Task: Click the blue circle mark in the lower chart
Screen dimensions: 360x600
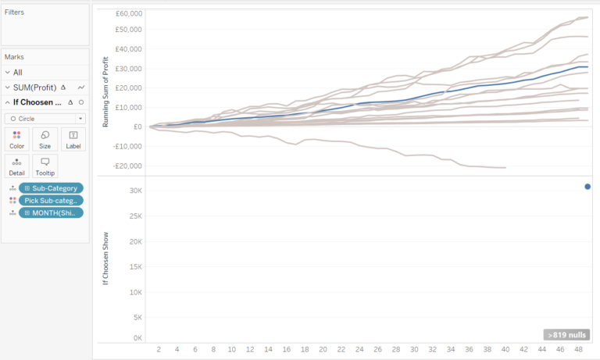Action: pyautogui.click(x=587, y=187)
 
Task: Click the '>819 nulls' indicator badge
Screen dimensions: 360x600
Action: pyautogui.click(x=566, y=334)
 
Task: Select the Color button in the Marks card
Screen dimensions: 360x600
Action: pyautogui.click(x=16, y=139)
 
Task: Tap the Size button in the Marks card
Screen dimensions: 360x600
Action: pyautogui.click(x=45, y=139)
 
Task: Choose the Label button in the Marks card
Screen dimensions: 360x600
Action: pyautogui.click(x=73, y=139)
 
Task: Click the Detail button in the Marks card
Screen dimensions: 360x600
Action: pyautogui.click(x=16, y=166)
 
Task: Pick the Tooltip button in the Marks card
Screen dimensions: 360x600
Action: pyautogui.click(x=45, y=166)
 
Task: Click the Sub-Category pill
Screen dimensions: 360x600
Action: pyautogui.click(x=52, y=187)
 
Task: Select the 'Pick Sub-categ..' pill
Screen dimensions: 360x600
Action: pyautogui.click(x=52, y=200)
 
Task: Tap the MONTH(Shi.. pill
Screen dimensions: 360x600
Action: pyautogui.click(x=52, y=212)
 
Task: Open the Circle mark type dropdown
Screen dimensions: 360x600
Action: pyautogui.click(x=45, y=118)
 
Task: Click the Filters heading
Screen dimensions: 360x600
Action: pyautogui.click(x=14, y=12)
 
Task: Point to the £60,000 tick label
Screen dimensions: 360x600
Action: pyautogui.click(x=128, y=14)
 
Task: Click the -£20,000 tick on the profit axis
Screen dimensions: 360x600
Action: pyautogui.click(x=127, y=166)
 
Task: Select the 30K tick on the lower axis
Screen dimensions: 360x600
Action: pyautogui.click(x=135, y=191)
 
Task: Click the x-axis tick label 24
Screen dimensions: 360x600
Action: pyautogui.click(x=359, y=350)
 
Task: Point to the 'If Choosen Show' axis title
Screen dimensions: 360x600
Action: pyautogui.click(x=105, y=257)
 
